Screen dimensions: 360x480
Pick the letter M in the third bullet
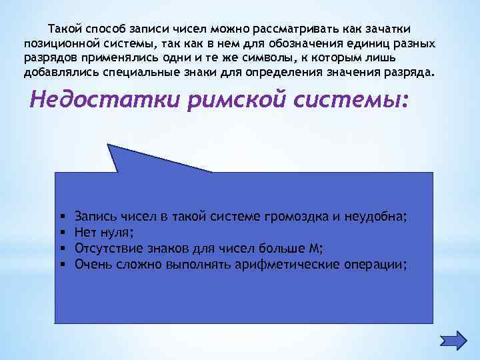(315, 249)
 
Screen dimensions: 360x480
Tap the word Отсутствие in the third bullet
(105, 249)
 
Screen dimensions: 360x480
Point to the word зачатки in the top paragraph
(387, 29)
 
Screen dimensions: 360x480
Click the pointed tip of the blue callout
(109, 145)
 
